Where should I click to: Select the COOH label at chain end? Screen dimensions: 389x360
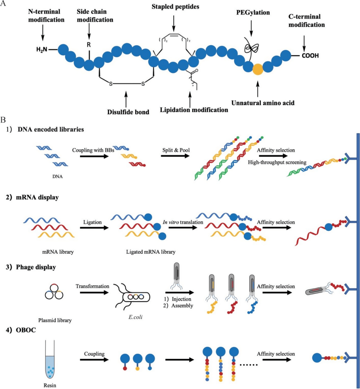click(310, 56)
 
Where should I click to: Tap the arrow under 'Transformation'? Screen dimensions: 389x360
click(92, 294)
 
